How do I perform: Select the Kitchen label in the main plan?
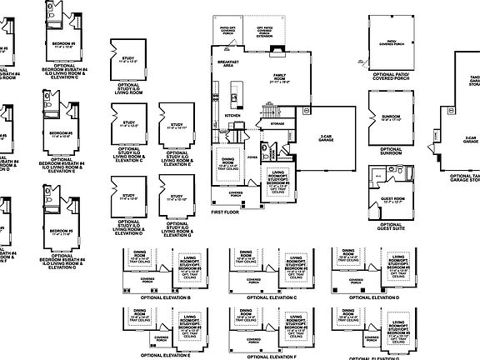(x=232, y=117)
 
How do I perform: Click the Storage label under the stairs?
(x=277, y=123)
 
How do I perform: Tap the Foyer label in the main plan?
(x=252, y=154)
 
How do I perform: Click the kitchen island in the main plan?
(x=236, y=100)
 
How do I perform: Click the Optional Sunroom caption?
(x=386, y=152)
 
